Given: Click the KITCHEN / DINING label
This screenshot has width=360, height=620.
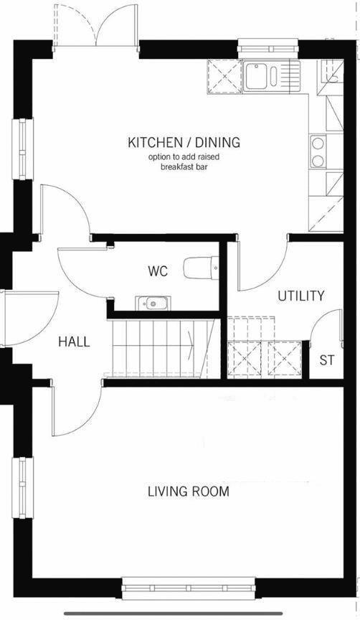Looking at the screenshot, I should click(x=184, y=142).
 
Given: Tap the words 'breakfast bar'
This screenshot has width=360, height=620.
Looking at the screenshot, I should click(x=184, y=166).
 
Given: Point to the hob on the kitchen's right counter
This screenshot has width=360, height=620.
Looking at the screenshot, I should click(x=317, y=151).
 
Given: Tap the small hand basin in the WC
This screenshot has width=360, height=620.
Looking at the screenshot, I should click(x=153, y=303).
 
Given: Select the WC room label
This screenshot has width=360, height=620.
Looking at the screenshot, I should click(x=158, y=272).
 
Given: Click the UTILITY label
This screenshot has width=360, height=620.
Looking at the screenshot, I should click(x=301, y=296).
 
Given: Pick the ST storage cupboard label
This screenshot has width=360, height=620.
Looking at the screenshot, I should click(x=327, y=360).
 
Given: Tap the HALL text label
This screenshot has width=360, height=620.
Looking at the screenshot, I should click(x=75, y=342).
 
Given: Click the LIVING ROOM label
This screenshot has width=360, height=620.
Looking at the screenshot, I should click(x=189, y=492).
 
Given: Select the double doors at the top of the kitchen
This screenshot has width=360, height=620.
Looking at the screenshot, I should click(x=96, y=25).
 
